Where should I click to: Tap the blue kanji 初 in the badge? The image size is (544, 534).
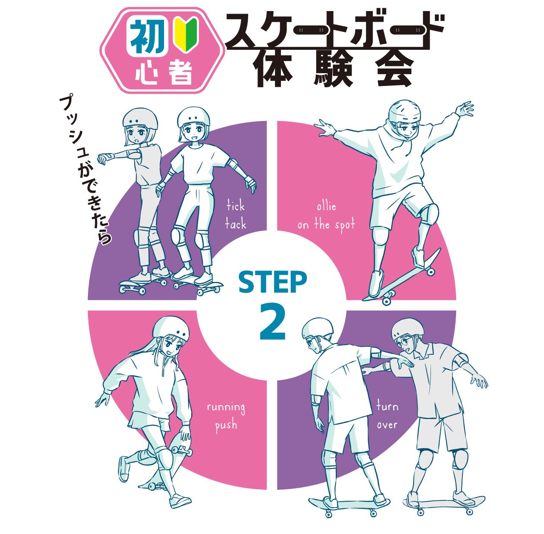[148, 37]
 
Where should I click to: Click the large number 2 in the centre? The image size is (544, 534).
[272, 322]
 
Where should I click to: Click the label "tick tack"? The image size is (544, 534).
[235, 215]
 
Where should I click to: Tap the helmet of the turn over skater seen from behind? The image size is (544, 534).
[317, 329]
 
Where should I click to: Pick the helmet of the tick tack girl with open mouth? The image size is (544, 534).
[140, 119]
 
